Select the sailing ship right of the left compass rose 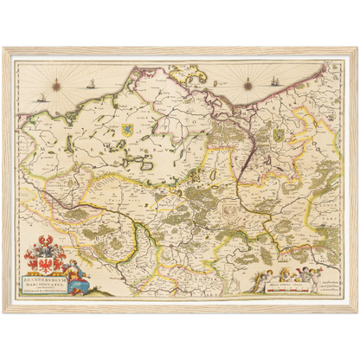point(89,85)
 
